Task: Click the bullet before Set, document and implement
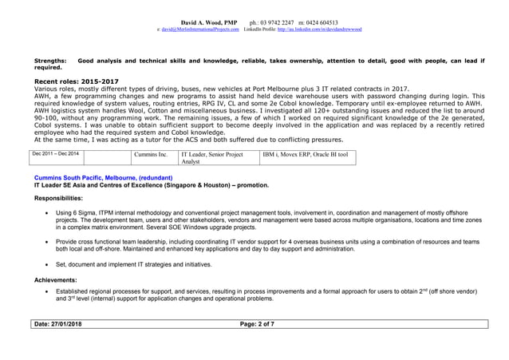pos(49,264)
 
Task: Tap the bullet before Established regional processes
pos(49,293)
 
